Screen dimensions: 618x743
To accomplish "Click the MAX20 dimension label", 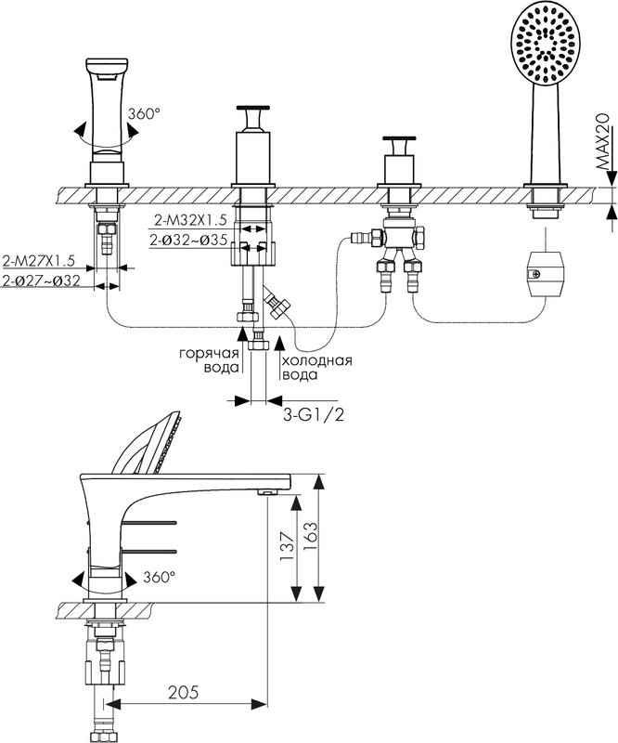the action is [x=601, y=142].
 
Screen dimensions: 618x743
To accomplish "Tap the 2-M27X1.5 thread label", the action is [x=39, y=261].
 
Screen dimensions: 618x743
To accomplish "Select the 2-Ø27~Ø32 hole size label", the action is [x=41, y=280].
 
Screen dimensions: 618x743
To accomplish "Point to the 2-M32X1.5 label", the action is [x=191, y=220].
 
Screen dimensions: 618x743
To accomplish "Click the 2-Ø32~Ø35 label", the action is [x=189, y=241].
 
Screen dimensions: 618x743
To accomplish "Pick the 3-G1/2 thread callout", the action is [x=314, y=415].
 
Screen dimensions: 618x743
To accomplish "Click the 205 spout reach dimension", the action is [x=184, y=692].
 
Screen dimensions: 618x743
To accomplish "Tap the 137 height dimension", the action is [x=287, y=546].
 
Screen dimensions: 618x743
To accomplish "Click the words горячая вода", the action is [x=209, y=360].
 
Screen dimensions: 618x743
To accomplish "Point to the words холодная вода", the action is [x=316, y=368].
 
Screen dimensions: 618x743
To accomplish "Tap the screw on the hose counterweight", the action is [x=535, y=273].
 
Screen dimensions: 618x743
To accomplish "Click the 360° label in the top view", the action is [x=144, y=113].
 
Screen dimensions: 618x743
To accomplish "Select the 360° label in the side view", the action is [x=159, y=577].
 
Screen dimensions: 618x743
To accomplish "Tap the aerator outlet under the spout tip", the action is [x=268, y=492].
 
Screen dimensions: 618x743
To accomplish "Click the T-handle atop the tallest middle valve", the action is [x=253, y=117].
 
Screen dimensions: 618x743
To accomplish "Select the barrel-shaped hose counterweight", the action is [x=546, y=274].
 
